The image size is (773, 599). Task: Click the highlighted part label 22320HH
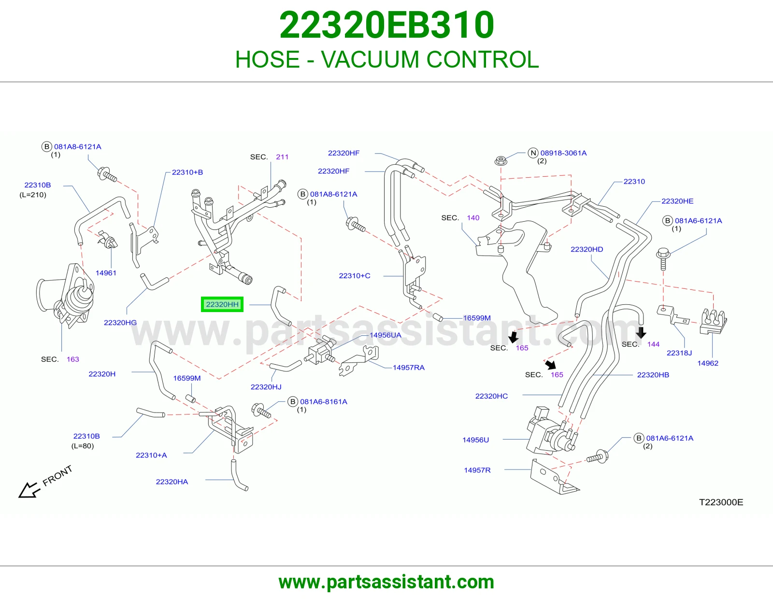[x=222, y=304]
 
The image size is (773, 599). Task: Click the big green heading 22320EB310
[x=386, y=25]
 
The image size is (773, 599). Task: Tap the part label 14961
[x=106, y=273]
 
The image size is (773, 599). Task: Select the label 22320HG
[x=120, y=323]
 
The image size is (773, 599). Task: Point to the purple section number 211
[x=282, y=157]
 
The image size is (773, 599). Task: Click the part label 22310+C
[x=354, y=276]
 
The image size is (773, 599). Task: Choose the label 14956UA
[x=385, y=335]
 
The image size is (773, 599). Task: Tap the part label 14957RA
[x=408, y=368]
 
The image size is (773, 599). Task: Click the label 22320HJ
[x=266, y=387]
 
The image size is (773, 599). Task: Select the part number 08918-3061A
[x=563, y=153]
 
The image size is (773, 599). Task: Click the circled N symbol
[x=533, y=153]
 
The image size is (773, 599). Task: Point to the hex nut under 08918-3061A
[x=501, y=160]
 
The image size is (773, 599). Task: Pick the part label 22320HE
[x=677, y=201]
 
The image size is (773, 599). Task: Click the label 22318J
[x=679, y=353]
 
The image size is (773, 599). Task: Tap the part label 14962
[x=708, y=363]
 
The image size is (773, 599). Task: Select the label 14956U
[x=475, y=440]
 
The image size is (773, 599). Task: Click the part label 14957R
[x=477, y=470]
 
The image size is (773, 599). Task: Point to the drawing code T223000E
[x=721, y=502]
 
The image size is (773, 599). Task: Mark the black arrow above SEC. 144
[x=641, y=332]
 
